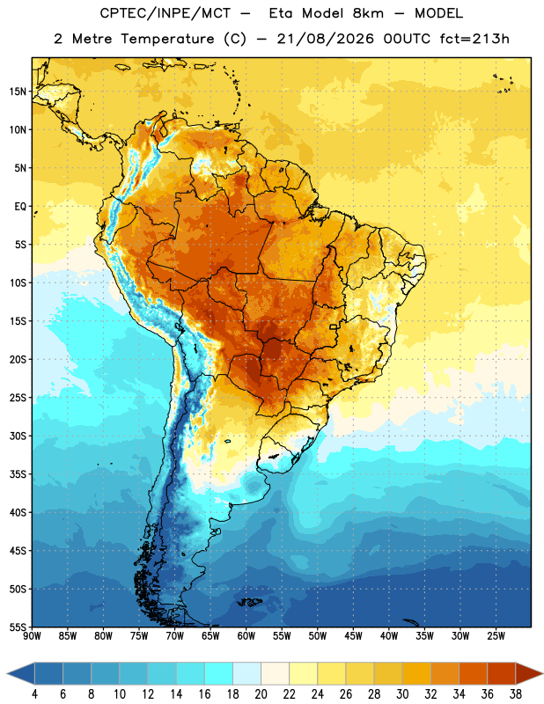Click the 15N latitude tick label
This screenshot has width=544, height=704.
pos(18,92)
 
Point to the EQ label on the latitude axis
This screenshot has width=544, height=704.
pos(20,207)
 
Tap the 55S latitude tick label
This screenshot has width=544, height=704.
pos(18,627)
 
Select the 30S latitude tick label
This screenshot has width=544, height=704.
pos(18,436)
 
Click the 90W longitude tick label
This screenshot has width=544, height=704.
pos(33,636)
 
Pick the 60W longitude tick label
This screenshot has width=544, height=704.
pos(246,636)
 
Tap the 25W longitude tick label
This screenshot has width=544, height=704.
pos(496,636)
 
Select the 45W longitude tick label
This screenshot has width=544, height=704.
pos(353,636)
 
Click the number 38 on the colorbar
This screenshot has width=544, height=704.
pos(515,694)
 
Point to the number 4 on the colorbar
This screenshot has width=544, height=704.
pos(34,694)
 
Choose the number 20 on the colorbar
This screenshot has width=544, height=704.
pos(261,694)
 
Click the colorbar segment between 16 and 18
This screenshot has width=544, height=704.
pos(218,673)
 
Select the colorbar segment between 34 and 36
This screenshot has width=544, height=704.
pos(473,673)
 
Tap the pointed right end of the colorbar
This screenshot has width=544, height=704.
pos(542,673)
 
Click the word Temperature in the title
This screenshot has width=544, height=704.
pos(167,39)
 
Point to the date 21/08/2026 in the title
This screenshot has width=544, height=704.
pos(325,39)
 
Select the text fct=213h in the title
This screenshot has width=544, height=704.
pos(474,39)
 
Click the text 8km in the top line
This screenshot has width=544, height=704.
pos(368,13)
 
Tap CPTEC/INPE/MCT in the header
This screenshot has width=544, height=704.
pos(165,13)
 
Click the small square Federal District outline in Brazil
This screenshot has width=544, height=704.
pos(334,326)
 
